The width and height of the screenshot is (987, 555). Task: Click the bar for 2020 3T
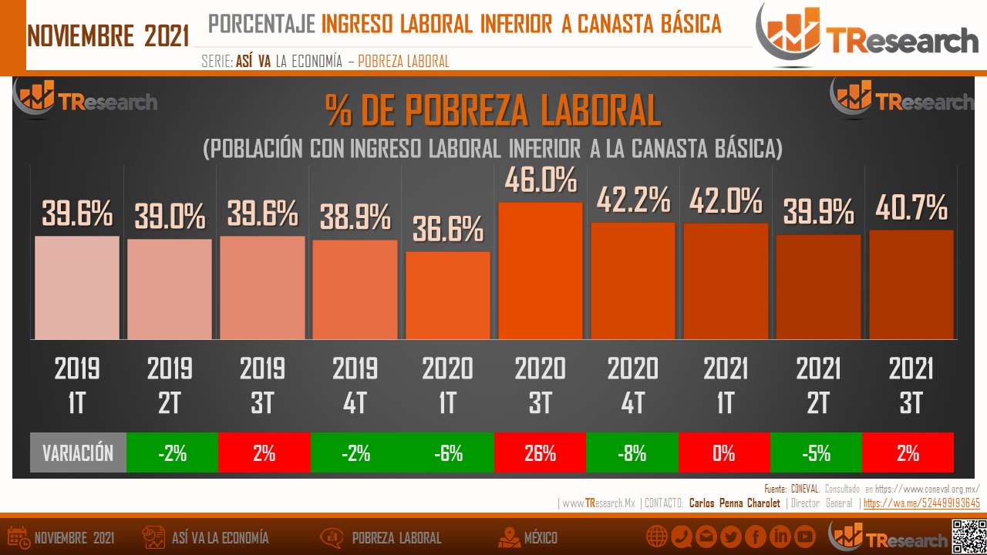coord(540,271)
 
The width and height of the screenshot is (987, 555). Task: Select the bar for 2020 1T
coord(447,295)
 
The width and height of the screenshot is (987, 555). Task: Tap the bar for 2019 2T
coord(170,289)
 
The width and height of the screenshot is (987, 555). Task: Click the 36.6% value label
coord(447,230)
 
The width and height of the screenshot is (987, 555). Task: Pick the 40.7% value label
coord(911,208)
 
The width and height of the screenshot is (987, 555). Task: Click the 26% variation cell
coord(540,452)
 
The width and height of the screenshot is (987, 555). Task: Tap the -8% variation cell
coord(632,452)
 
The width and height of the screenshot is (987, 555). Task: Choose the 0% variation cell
coord(724,452)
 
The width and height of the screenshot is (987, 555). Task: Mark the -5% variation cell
coord(817,452)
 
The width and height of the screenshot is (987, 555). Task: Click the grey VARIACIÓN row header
coord(77,452)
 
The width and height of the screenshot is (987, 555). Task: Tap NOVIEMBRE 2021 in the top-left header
coord(108,35)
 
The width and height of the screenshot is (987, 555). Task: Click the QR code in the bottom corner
coord(969,537)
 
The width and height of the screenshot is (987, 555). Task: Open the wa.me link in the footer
coord(921,503)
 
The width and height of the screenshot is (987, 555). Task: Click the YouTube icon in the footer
coord(804,536)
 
